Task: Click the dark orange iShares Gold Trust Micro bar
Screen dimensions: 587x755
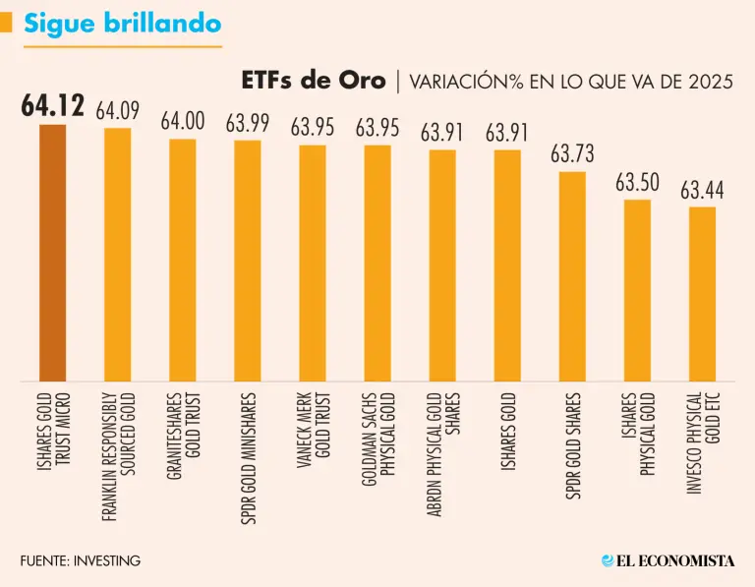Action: [52, 253]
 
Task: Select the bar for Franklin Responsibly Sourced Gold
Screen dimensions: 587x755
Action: [117, 255]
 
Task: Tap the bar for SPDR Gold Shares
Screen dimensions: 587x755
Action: [572, 276]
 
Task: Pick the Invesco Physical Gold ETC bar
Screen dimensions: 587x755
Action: [702, 294]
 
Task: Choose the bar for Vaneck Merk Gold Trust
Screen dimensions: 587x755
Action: [313, 263]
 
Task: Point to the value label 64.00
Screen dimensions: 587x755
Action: [182, 122]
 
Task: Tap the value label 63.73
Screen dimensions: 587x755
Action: [572, 154]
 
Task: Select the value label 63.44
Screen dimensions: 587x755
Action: [702, 191]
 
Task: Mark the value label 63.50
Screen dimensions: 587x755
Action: [637, 183]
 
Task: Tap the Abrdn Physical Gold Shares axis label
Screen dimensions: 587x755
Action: [442, 447]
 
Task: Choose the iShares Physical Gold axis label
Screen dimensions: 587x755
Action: [637, 434]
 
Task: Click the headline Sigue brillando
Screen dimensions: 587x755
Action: [122, 24]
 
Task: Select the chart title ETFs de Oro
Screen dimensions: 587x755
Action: [313, 81]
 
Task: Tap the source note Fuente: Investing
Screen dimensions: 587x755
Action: [80, 560]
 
